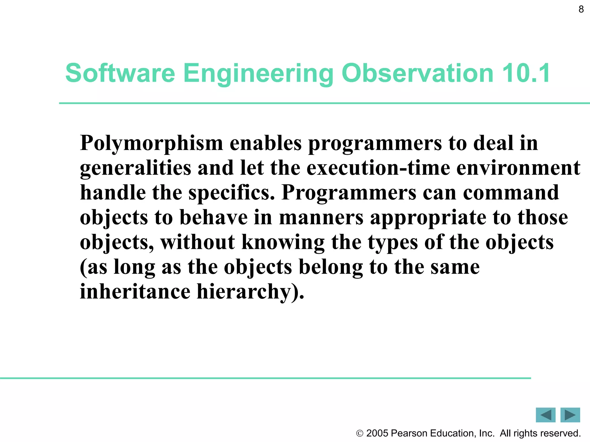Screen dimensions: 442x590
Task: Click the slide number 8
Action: [581, 9]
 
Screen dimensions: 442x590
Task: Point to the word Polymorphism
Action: [152, 144]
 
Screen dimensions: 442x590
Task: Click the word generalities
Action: [135, 169]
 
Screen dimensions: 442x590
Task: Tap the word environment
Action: [518, 168]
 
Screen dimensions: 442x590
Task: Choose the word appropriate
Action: [428, 218]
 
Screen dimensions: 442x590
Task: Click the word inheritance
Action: [135, 292]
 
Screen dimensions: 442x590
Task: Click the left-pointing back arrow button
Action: [545, 415]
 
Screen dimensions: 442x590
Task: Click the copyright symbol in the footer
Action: [360, 433]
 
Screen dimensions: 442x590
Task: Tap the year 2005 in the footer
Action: [377, 433]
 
